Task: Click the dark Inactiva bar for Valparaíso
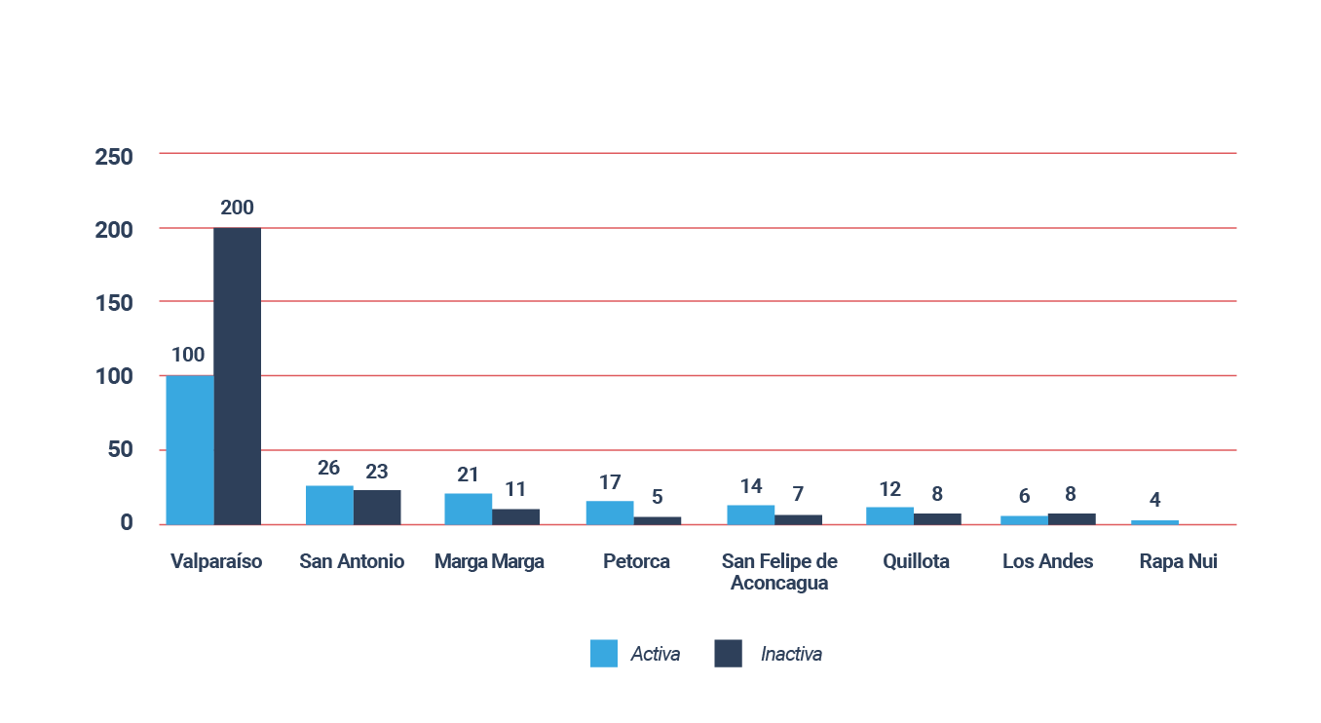[x=237, y=376]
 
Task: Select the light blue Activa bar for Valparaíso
[x=190, y=450]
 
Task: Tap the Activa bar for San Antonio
[x=329, y=506]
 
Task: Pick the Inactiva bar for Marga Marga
[x=516, y=517]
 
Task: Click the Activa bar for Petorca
[x=610, y=514]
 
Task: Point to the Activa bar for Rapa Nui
[x=1154, y=522]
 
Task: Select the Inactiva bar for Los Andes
[x=1073, y=519]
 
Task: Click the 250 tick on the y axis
[x=114, y=157]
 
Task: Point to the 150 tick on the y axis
[x=114, y=303]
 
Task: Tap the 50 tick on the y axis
[x=120, y=449]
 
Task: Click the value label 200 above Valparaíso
[x=237, y=208]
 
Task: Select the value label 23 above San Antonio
[x=377, y=472]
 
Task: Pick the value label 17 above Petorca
[x=610, y=482]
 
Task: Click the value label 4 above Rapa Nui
[x=1154, y=500]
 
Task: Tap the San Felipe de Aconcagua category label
[x=779, y=572]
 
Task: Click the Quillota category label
[x=916, y=561]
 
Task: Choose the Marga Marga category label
[x=489, y=561]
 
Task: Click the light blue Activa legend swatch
[x=604, y=654]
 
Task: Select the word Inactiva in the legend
[x=791, y=654]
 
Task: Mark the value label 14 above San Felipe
[x=751, y=486]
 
